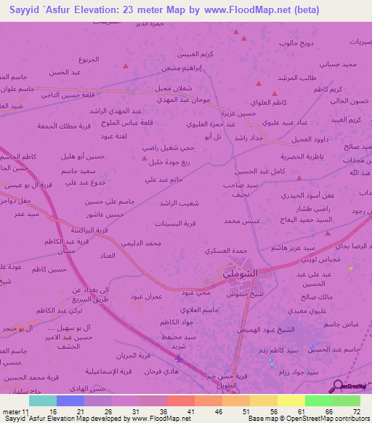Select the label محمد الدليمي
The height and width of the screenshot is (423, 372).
point(141,243)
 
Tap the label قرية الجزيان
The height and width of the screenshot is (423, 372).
point(136,356)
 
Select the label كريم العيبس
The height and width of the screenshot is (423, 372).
point(196,55)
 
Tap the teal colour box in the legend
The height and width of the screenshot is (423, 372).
point(42,400)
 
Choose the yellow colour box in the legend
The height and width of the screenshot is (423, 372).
point(291,400)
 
